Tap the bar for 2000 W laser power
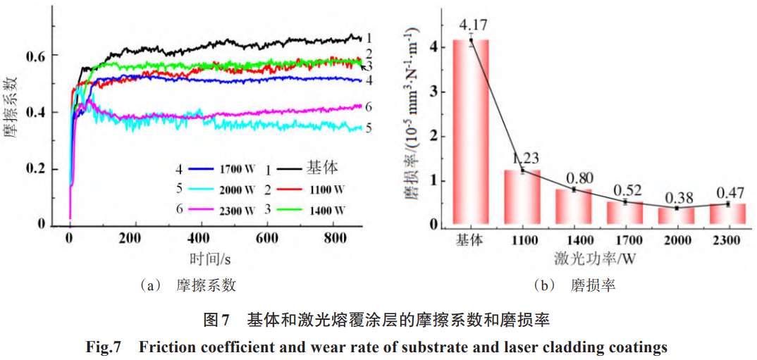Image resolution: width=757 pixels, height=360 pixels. pos(677,216)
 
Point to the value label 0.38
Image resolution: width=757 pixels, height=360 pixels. pos(677,195)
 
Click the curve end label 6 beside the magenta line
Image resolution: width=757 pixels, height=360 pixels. pos(369,106)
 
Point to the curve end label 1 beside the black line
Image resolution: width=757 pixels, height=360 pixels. pos(369,39)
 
